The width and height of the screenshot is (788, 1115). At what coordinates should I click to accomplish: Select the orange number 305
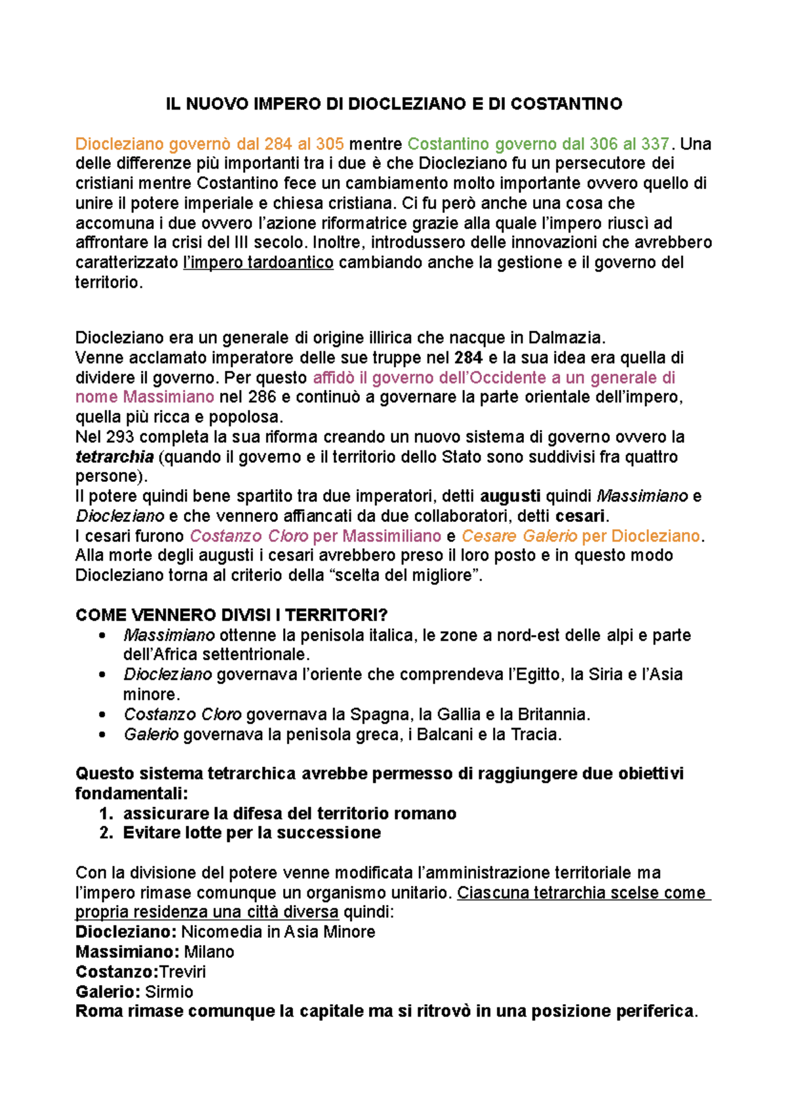330,144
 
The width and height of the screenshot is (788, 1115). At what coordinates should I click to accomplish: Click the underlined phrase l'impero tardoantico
258,263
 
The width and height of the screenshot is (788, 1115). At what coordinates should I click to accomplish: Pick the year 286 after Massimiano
262,397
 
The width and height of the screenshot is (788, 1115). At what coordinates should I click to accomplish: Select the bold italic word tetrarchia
114,457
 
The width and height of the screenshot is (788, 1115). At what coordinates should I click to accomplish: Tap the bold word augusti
511,496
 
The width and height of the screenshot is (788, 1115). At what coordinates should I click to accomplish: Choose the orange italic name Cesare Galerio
519,536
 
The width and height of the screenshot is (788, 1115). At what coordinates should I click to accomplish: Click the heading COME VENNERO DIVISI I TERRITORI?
231,615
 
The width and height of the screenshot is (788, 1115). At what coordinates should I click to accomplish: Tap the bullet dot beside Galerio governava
102,734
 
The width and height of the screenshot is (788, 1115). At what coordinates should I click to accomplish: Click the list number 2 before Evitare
106,833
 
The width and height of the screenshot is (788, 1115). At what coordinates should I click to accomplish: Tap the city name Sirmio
169,992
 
